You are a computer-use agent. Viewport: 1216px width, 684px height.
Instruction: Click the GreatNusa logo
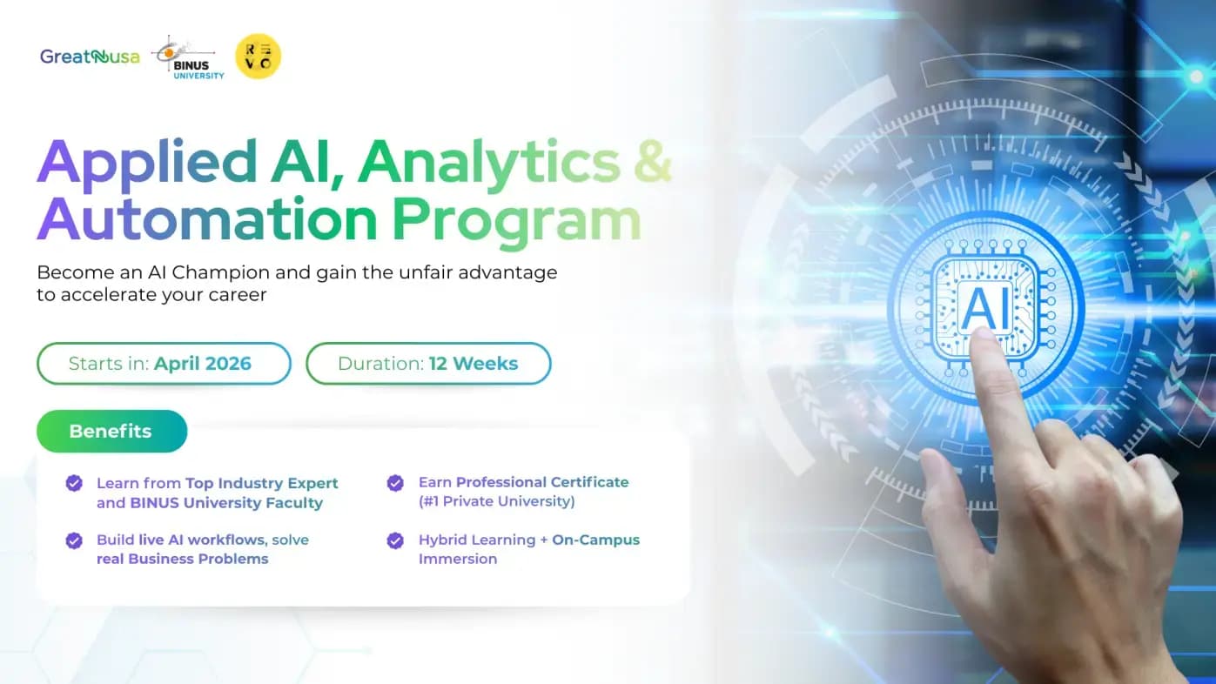(x=90, y=57)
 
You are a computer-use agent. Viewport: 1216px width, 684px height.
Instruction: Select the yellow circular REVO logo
(x=259, y=57)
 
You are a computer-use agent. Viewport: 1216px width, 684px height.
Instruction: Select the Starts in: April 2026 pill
(x=164, y=364)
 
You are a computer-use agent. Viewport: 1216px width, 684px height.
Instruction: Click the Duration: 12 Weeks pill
(x=428, y=364)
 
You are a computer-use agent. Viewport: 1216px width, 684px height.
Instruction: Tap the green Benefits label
(x=111, y=432)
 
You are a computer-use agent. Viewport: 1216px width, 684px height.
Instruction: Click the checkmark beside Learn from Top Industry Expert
(x=74, y=483)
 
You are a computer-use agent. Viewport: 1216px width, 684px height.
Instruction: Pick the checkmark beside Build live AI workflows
(x=74, y=540)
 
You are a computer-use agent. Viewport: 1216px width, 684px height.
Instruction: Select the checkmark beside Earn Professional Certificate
(x=395, y=483)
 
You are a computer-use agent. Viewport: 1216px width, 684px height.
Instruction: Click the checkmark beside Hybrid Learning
(x=395, y=540)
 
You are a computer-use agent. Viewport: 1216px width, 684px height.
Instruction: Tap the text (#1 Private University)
(x=496, y=501)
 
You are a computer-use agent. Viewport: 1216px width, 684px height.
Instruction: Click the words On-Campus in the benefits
(x=596, y=540)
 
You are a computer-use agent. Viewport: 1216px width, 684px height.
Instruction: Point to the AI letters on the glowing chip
(x=985, y=306)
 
